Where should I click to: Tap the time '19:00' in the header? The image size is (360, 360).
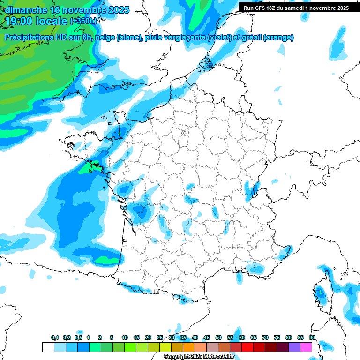[x=18, y=21]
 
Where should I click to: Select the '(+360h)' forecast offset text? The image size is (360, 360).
[x=83, y=21]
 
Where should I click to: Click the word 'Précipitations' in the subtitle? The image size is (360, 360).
[x=28, y=37]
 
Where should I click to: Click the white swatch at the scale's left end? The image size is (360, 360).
[x=48, y=347]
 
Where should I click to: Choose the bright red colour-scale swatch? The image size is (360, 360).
[x=247, y=347]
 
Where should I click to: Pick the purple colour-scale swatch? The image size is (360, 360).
[x=294, y=347]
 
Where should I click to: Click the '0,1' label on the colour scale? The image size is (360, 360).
[x=55, y=337]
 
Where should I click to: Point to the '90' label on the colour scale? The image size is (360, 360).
[x=312, y=337]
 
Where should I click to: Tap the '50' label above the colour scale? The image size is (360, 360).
[x=218, y=337]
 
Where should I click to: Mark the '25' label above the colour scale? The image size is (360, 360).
[x=160, y=337]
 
